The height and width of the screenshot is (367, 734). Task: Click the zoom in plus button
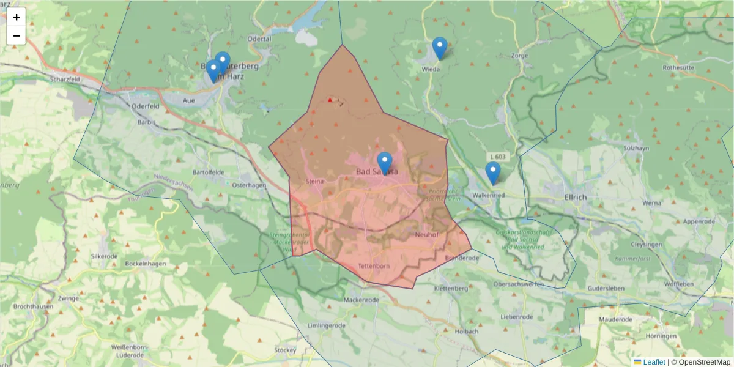point(17,17)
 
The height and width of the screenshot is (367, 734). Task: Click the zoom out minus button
point(17,35)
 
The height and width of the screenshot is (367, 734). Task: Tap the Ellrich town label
point(576,197)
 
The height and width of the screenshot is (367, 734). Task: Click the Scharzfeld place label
point(66,79)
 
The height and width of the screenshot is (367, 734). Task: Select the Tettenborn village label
point(374,267)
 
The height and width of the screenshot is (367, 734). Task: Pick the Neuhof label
point(427,234)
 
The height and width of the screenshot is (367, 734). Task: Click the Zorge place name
point(519,55)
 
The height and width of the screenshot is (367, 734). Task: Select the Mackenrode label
point(361,300)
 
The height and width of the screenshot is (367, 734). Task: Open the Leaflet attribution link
point(653,362)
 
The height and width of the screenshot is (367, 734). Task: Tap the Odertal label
point(259,38)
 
